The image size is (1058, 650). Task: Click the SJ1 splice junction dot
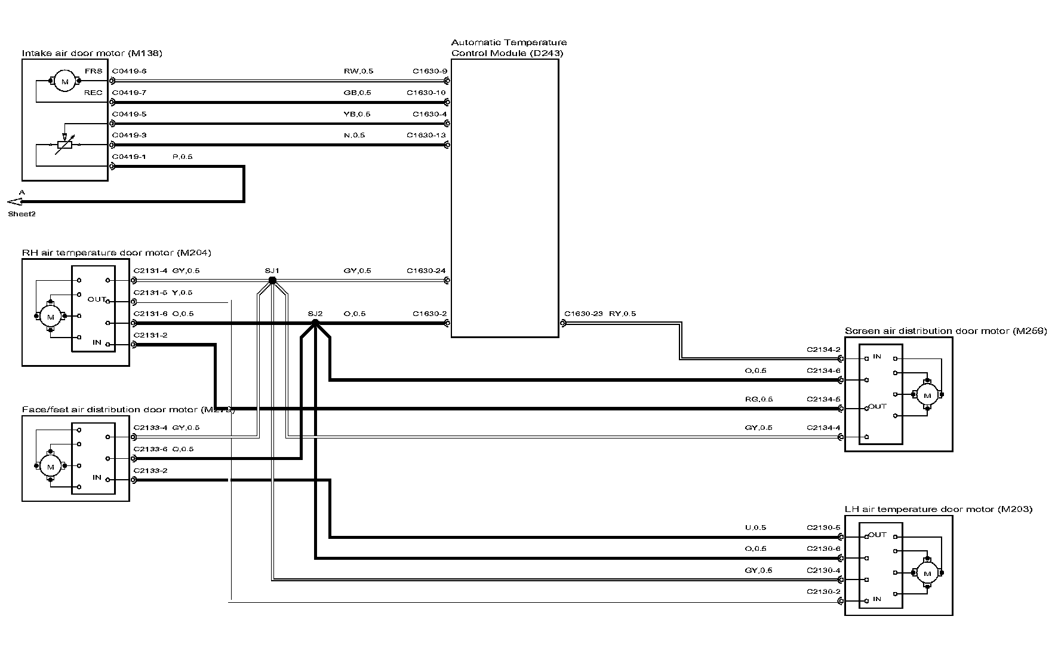click(x=272, y=280)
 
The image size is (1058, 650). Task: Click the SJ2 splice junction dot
click(x=315, y=323)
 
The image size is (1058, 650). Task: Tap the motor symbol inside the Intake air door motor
click(x=65, y=81)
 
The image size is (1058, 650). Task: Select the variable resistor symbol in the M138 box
click(x=64, y=144)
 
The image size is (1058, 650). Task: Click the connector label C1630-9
click(x=429, y=71)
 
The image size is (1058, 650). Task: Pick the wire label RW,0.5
click(x=358, y=71)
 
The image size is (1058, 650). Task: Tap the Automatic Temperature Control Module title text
click(x=508, y=47)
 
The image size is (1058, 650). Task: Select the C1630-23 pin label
click(x=583, y=314)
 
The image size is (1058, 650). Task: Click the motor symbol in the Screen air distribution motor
click(x=927, y=394)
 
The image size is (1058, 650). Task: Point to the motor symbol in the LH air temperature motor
click(x=927, y=573)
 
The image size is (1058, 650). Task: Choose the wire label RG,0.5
click(x=758, y=399)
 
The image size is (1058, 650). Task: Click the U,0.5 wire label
click(x=755, y=528)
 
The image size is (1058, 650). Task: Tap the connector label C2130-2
click(x=823, y=591)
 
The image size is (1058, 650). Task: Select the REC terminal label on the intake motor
click(x=93, y=93)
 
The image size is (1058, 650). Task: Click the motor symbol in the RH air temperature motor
click(x=50, y=316)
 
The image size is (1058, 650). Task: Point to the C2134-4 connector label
click(x=823, y=427)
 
